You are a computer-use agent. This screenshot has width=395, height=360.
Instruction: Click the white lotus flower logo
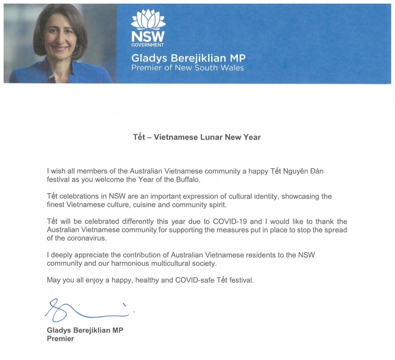click(x=148, y=18)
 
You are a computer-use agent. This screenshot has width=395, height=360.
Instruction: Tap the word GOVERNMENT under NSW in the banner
click(x=148, y=45)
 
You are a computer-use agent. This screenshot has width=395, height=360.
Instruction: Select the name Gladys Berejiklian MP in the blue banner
click(x=188, y=58)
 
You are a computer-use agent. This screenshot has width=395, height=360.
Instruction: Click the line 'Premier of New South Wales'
click(x=187, y=67)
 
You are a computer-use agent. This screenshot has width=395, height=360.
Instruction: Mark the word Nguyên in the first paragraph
click(x=288, y=171)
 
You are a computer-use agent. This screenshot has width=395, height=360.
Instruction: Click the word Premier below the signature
click(x=60, y=339)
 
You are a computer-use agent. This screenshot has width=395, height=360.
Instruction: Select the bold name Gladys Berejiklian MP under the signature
click(x=85, y=330)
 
